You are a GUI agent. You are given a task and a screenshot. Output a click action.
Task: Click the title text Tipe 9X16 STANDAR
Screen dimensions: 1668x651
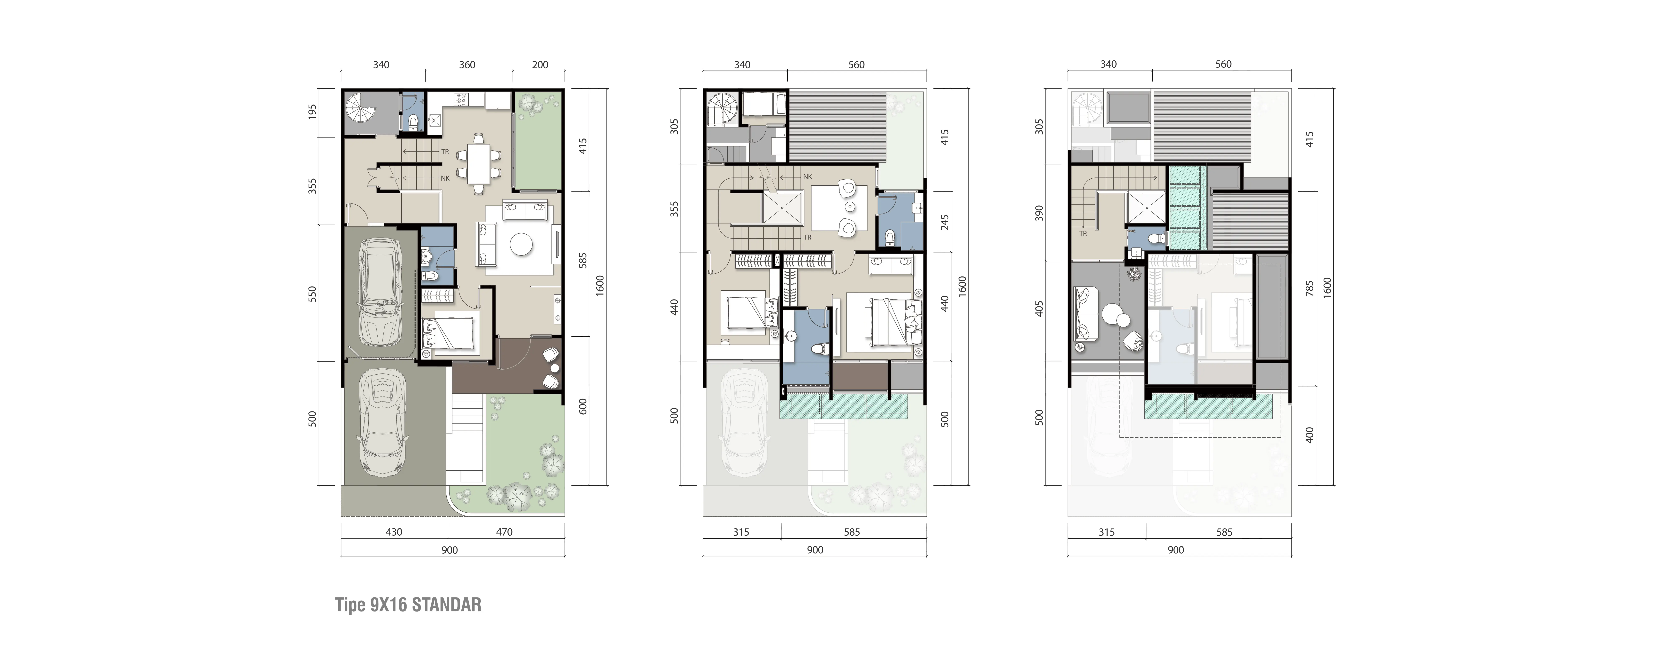(408, 605)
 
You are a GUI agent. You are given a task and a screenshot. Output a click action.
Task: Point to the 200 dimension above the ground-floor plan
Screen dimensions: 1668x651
(540, 65)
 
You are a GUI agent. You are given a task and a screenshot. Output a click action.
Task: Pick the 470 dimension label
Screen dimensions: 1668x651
(504, 532)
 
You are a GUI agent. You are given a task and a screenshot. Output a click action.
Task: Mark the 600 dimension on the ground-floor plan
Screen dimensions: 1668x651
(583, 406)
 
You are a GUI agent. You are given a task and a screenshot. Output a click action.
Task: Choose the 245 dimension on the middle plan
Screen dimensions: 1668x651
(945, 223)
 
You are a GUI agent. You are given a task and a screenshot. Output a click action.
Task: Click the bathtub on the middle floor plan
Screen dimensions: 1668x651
(764, 105)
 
